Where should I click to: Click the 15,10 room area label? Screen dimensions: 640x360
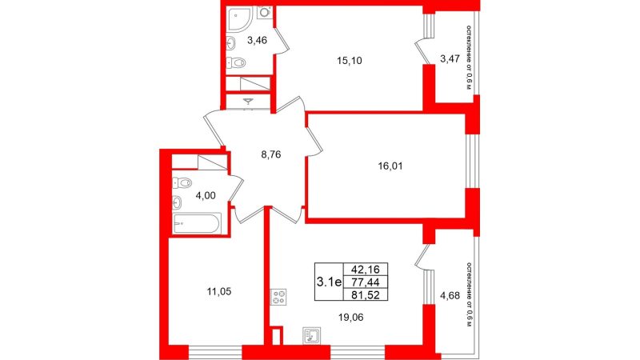coord(350,61)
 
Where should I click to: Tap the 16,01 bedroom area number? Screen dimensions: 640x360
coord(390,166)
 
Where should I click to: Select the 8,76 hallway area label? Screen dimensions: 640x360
coord(271,154)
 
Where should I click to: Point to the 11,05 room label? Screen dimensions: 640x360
coord(218,291)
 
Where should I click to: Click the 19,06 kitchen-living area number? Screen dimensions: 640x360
coord(350,317)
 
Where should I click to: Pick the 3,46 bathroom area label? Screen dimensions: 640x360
coord(257,40)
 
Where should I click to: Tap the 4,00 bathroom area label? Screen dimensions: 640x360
coord(206,195)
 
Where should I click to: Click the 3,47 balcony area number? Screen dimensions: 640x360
coord(450,58)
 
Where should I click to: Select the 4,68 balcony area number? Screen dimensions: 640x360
coord(450,295)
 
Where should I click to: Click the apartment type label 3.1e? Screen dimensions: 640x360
coord(329,282)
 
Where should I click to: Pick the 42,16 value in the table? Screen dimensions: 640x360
coord(366,270)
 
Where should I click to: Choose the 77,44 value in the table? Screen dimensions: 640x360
coord(366,282)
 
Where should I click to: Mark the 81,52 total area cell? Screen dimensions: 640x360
coord(366,294)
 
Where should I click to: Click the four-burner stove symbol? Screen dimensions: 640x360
coord(278,297)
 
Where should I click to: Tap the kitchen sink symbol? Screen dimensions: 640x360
coord(312,335)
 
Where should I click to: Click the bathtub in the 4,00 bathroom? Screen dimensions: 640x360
coord(197,223)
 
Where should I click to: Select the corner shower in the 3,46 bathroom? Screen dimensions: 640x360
coord(239,18)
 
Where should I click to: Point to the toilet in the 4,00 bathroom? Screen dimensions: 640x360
coord(182,183)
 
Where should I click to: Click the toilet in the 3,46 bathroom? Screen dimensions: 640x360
coord(235,62)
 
